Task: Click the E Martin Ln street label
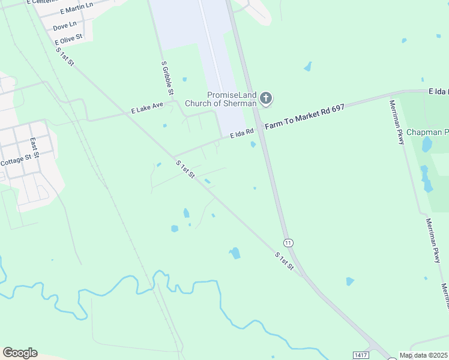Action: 77,8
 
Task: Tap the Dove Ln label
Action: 65,26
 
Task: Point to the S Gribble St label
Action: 167,78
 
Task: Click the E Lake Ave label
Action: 147,108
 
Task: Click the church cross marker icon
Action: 266,98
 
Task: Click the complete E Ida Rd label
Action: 243,133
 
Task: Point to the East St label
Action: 35,146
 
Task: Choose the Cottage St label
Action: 16,161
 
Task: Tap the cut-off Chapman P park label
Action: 427,132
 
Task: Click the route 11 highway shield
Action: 289,243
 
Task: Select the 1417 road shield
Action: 360,355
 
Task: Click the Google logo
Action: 20,353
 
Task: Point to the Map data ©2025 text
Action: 423,355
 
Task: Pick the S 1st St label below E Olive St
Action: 65,57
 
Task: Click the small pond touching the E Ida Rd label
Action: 253,144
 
